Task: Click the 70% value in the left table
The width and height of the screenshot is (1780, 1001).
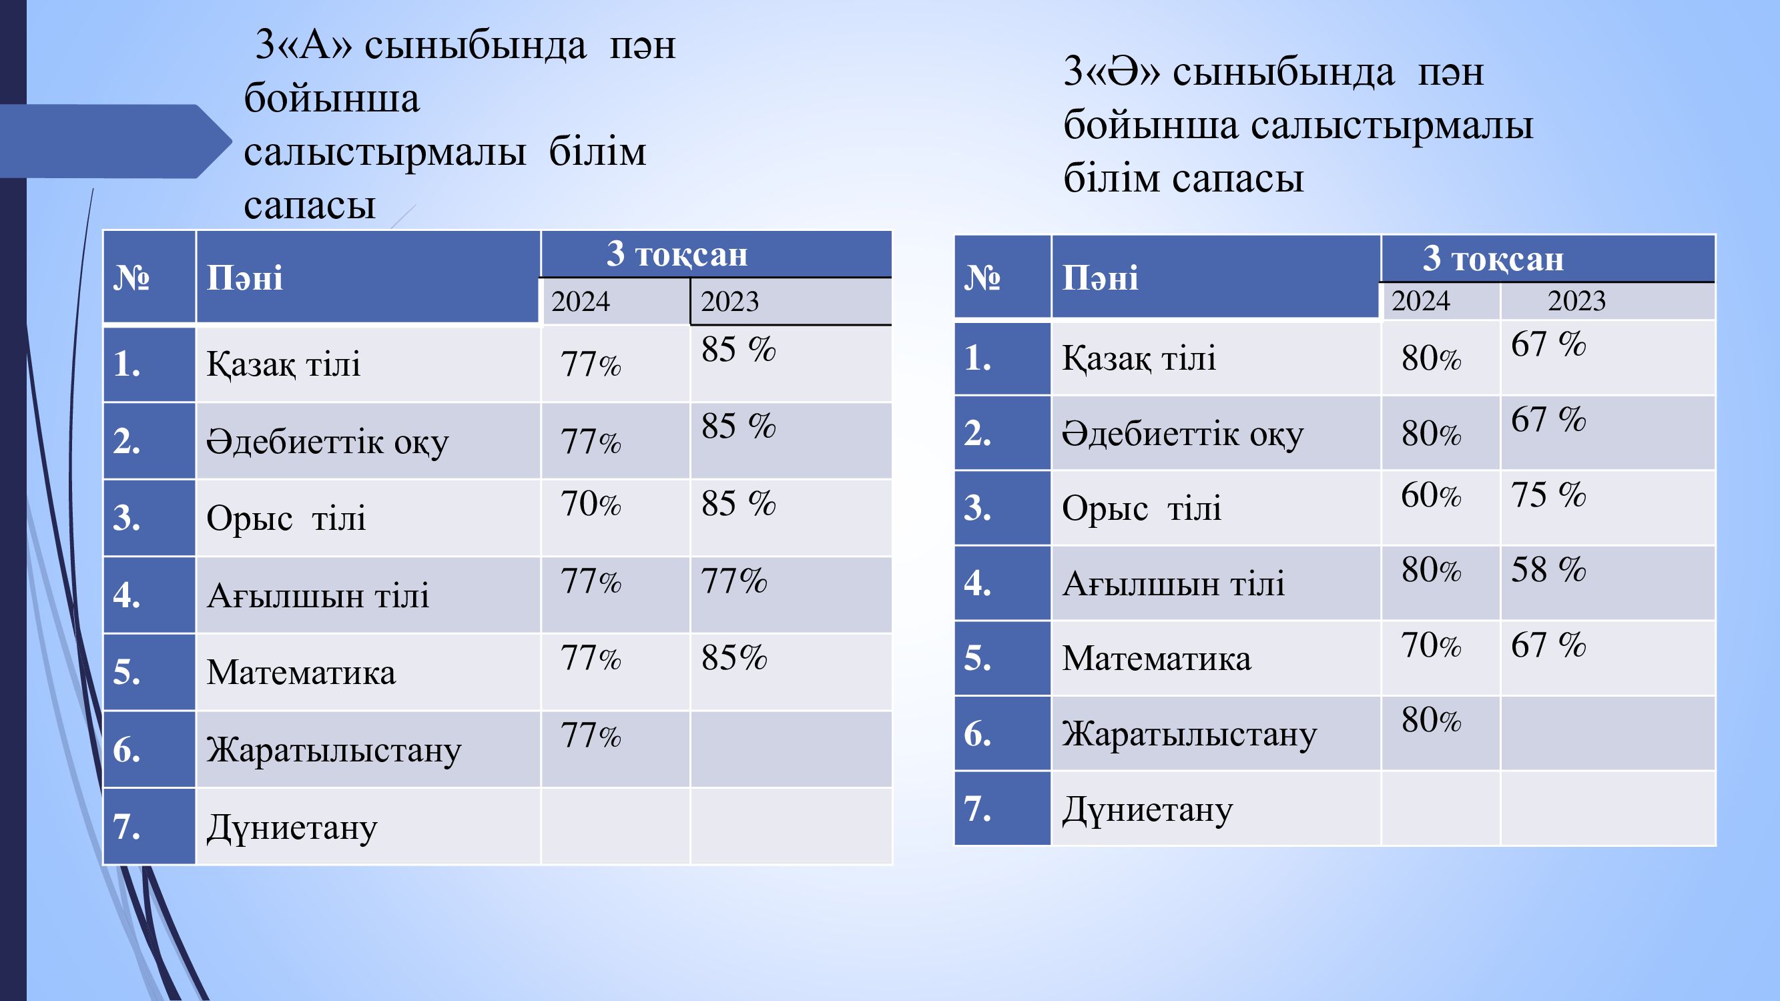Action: coord(591,504)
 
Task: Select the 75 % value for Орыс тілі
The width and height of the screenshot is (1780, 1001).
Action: coord(1548,494)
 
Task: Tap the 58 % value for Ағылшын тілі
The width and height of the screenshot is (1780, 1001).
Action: coord(1548,570)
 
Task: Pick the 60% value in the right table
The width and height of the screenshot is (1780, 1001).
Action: coord(1431,495)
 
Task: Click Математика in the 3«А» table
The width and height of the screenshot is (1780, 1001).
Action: coord(301,672)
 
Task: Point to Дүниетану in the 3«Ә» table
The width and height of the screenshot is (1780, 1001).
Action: coord(1148,810)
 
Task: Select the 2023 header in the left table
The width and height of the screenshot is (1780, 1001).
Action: coord(729,301)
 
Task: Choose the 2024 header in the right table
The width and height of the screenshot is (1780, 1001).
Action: coord(1421,300)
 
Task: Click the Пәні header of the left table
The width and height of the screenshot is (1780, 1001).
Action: coord(245,278)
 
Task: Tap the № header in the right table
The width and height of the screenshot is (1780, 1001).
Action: coord(982,278)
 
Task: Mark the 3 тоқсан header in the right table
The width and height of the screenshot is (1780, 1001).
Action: coord(1493,258)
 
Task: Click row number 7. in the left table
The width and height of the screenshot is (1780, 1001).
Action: coord(127,826)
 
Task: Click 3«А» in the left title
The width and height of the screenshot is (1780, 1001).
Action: coord(304,45)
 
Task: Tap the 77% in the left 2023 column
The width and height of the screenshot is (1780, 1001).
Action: coord(734,581)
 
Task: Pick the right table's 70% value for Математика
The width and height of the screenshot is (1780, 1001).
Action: coord(1431,645)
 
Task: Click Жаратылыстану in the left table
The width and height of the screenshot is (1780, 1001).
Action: coord(334,751)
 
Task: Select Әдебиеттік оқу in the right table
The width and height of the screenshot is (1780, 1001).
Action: coord(1183,434)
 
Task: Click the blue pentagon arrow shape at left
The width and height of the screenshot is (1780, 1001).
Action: coord(114,141)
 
